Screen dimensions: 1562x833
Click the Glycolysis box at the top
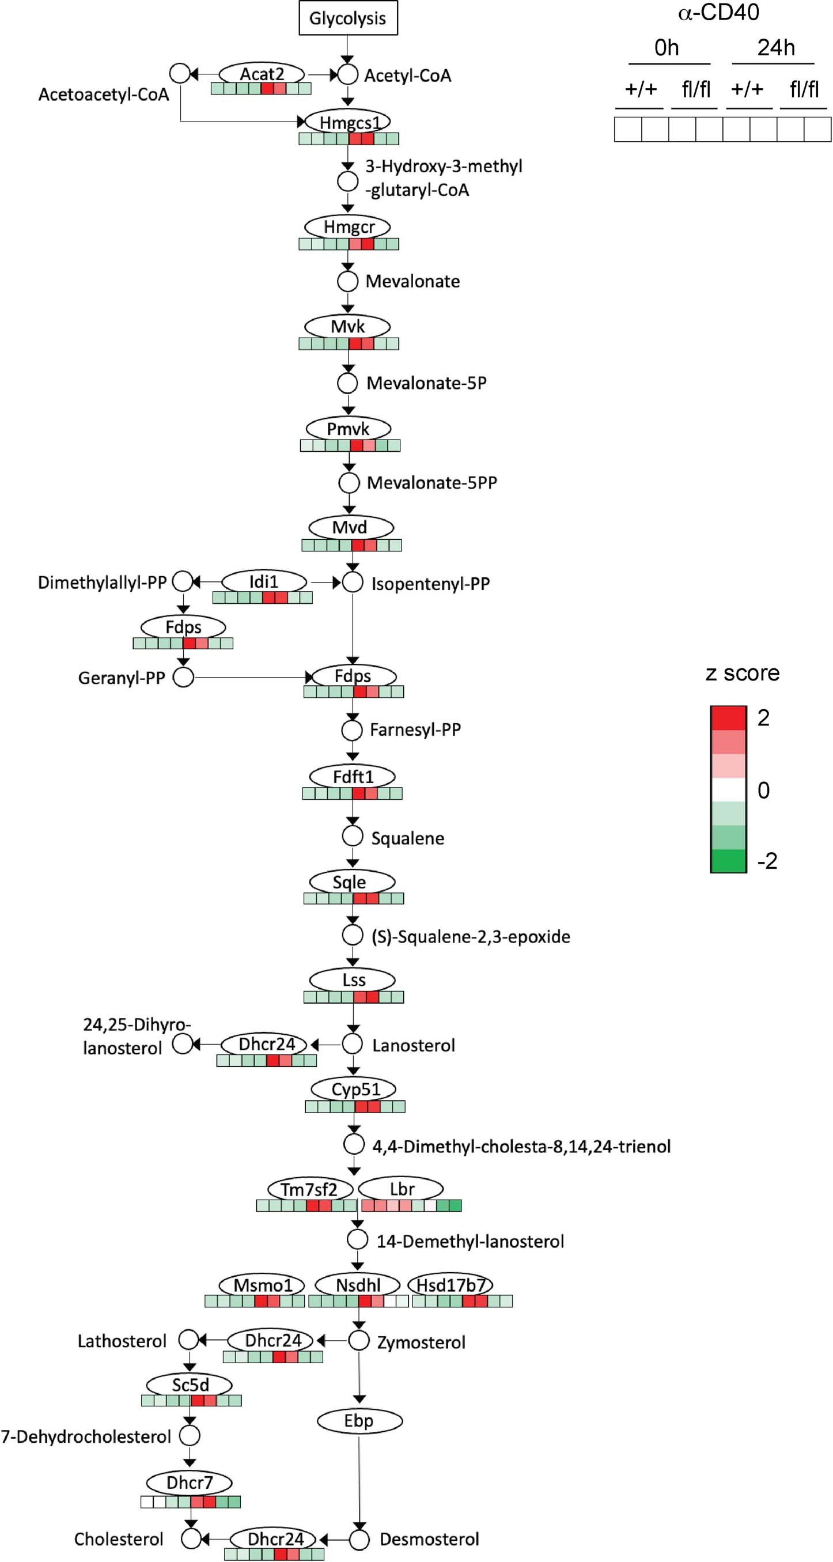[x=347, y=18]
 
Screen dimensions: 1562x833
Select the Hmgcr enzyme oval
[x=348, y=227]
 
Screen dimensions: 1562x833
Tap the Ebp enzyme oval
[x=359, y=1421]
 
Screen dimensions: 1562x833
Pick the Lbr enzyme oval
[x=402, y=1189]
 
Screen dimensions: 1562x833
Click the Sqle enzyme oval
[x=351, y=882]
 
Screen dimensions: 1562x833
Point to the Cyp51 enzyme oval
[x=354, y=1089]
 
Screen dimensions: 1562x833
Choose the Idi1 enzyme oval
[x=264, y=581]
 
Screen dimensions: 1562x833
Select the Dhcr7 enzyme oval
[x=189, y=1482]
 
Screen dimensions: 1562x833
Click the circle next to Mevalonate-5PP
[x=349, y=483]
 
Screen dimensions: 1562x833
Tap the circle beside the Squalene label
[x=352, y=836]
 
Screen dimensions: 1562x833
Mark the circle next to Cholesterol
[x=191, y=1539]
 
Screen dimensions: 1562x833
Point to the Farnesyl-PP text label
[x=415, y=729]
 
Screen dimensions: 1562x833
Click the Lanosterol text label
[x=414, y=1045]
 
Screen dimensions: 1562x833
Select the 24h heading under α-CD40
[x=775, y=47]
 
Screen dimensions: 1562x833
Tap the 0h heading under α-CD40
[x=667, y=47]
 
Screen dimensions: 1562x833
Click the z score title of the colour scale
[x=742, y=672]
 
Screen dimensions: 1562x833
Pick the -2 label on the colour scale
[x=767, y=861]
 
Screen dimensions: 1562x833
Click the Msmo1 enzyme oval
[x=263, y=1285]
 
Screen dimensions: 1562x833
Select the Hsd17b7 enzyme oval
[x=450, y=1285]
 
